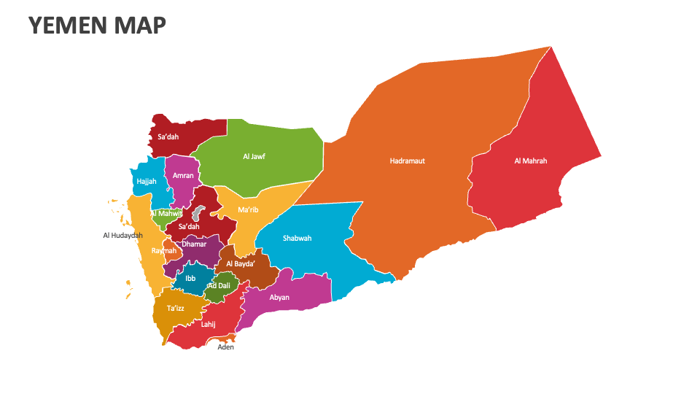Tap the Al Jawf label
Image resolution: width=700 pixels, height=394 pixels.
point(254,156)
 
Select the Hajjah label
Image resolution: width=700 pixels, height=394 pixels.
point(146,181)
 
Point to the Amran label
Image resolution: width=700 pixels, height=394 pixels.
point(183,176)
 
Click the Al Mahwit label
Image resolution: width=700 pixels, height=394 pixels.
point(167,214)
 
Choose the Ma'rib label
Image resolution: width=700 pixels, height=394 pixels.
point(248,210)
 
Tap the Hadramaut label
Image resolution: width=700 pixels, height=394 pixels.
point(407,161)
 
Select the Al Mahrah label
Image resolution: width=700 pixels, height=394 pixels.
point(530,161)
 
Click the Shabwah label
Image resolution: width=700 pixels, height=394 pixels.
point(297,239)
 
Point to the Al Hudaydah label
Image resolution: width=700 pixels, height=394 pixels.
point(122,236)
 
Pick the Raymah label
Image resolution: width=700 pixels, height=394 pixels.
point(163,251)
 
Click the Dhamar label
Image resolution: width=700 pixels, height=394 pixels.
point(194,244)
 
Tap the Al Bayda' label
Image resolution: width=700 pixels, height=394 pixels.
point(240,264)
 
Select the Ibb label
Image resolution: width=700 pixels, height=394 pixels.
point(190,278)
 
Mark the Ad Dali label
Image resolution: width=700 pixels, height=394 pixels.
point(218,286)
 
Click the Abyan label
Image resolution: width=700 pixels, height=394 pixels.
point(279,298)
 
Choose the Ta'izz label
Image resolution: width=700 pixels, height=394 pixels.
point(176,309)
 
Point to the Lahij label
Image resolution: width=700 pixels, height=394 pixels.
point(208,324)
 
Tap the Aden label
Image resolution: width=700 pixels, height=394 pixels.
point(226,347)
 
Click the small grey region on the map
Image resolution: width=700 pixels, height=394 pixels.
point(197,214)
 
